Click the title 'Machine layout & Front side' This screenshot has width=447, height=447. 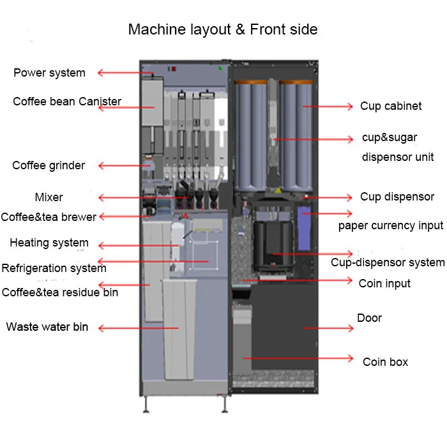point(223,29)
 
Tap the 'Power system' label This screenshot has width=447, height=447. point(49,73)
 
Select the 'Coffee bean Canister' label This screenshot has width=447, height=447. point(67,102)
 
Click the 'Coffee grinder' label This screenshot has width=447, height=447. point(49,165)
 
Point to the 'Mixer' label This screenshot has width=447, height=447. point(49,197)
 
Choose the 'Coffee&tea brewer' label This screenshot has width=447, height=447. point(49,217)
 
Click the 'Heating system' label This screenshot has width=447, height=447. point(49,243)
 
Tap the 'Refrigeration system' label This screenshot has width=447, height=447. point(54,268)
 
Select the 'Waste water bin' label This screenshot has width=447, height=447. point(47,327)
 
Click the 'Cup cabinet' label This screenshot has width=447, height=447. point(391,106)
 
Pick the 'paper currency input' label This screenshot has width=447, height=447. point(391,226)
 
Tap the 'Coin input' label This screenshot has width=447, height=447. point(384,284)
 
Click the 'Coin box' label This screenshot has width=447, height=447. point(386,362)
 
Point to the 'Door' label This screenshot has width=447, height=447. point(370,318)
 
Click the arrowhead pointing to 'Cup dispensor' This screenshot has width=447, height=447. point(349,197)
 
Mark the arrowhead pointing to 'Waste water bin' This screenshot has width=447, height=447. point(101,328)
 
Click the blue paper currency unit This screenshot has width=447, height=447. point(304,228)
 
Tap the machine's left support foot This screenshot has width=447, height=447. point(146,405)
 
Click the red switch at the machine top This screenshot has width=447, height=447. point(174,69)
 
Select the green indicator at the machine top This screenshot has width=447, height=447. point(220,68)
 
